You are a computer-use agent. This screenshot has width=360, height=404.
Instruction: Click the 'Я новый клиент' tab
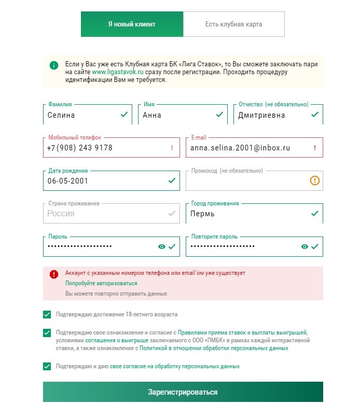click(132, 24)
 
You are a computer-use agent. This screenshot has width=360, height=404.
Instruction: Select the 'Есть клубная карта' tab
click(233, 24)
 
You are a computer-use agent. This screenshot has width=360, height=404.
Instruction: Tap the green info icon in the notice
click(54, 65)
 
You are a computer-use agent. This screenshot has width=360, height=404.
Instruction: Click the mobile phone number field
click(104, 148)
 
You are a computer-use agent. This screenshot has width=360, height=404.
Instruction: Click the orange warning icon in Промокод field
click(315, 180)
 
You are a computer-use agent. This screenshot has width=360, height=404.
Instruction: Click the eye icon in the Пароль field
click(162, 247)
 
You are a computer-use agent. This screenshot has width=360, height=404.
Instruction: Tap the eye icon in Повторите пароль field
click(304, 247)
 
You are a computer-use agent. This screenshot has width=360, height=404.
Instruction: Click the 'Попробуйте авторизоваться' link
click(101, 284)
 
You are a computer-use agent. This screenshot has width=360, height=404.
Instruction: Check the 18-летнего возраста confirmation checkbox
click(47, 314)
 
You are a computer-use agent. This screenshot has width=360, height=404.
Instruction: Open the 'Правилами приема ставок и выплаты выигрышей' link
click(243, 332)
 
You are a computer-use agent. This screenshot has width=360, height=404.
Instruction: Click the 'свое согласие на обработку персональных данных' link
click(175, 366)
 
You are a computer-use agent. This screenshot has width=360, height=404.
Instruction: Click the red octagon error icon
click(54, 274)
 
